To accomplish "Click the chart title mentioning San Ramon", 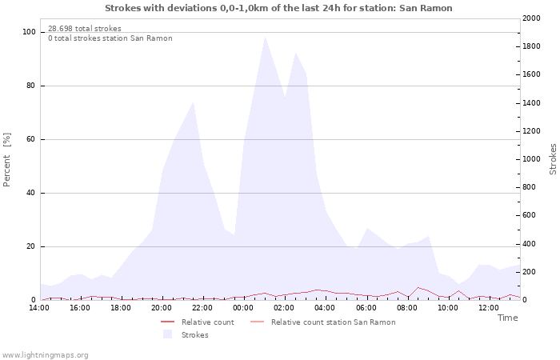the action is pos(278,8).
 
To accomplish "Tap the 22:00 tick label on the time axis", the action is pos(202,308).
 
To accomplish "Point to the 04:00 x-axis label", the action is pos(325,308).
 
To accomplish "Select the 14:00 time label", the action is pos(39,308).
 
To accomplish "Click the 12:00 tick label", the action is pos(488,308).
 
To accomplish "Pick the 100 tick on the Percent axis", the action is pos(29,32).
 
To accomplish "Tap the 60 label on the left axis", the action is pos(31,139).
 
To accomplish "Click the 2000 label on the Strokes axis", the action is pos(531,18).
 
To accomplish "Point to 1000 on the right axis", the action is pos(531,159).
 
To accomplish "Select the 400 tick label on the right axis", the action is pos(529,244).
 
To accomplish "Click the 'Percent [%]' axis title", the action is pos(6,160).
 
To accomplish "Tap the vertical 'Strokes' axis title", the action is pos(553,159).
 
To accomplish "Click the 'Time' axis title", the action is pos(507,318).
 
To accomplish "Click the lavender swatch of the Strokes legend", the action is pos(167,334).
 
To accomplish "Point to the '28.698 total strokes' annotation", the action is pos(85,29).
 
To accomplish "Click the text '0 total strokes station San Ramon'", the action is pos(110,38).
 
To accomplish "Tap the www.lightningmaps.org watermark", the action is pos(45,355).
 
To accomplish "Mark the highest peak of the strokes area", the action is pos(265,37).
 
